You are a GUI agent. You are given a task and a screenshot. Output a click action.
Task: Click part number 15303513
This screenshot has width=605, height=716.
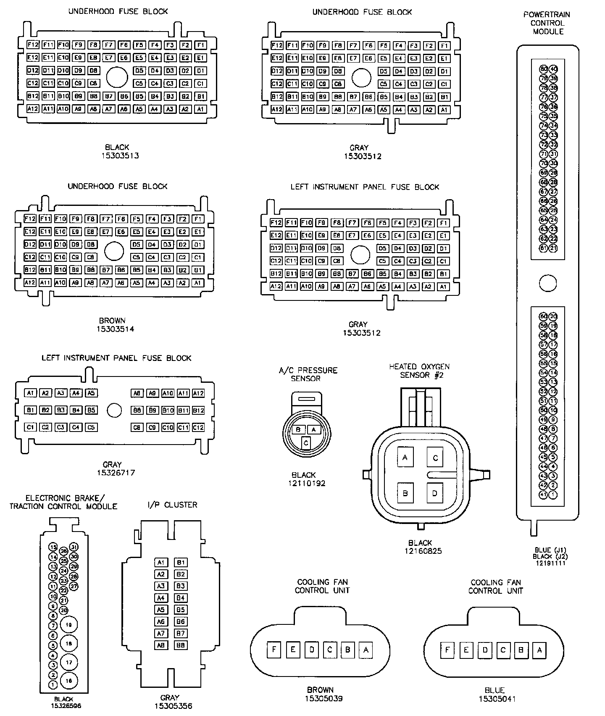coord(120,156)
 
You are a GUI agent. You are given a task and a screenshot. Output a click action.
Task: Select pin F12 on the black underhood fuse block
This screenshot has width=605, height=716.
coord(33,45)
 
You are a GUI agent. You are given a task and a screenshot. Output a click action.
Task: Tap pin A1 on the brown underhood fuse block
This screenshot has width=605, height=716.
coord(198,283)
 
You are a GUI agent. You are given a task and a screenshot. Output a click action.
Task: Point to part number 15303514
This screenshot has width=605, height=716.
coord(115,329)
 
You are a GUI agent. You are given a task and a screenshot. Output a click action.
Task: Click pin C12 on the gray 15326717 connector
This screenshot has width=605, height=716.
coord(198,427)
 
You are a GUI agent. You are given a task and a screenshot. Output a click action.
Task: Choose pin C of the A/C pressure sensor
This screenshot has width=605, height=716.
coord(306,442)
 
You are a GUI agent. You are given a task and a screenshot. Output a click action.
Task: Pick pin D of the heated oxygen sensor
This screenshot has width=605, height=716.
coord(435,493)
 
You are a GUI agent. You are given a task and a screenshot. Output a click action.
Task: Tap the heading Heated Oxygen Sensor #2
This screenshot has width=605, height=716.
coord(419,371)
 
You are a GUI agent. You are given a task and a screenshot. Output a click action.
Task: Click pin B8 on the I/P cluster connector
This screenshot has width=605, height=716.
coord(181,645)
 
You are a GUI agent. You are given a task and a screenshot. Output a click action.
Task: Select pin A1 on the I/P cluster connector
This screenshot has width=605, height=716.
coord(161,563)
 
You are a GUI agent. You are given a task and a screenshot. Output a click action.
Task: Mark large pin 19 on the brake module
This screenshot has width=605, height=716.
coord(69,625)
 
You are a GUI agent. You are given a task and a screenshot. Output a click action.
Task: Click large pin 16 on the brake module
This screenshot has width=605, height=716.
coord(69,681)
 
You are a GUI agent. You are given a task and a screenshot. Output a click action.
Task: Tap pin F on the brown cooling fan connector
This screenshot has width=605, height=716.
coord(274,650)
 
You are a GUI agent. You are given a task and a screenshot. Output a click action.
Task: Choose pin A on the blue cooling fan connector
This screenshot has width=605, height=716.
coord(539,650)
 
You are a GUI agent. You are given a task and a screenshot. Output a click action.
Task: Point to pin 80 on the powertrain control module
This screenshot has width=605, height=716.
coord(544,69)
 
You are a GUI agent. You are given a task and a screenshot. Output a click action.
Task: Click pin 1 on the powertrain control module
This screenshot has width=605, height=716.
coord(553,495)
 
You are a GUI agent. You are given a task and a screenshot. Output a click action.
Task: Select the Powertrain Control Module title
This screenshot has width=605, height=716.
coord(547,23)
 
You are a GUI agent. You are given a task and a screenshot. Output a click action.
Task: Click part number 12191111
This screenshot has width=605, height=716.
coord(550,563)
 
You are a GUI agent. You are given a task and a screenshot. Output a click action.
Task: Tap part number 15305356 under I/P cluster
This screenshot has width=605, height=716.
coord(169,706)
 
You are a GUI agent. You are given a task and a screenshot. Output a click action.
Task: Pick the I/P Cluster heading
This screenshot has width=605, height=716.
coord(172,505)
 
